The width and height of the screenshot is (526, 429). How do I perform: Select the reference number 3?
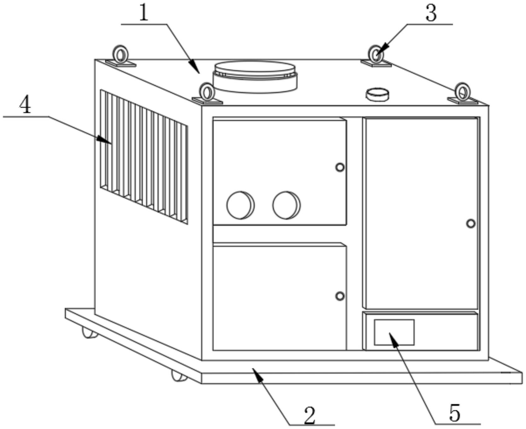(x=431, y=13)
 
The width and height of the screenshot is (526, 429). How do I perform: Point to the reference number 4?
(x=25, y=105)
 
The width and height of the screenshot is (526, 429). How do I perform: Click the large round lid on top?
(x=255, y=77)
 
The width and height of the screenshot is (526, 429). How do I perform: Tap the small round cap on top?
(x=377, y=94)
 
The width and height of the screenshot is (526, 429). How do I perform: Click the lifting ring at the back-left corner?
(x=121, y=55)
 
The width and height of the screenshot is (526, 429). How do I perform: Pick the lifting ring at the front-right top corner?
(x=462, y=92)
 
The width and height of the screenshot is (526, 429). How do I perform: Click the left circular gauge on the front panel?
(x=240, y=205)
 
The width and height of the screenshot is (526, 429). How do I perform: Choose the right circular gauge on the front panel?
(x=286, y=205)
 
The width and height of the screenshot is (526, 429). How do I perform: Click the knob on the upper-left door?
(x=340, y=167)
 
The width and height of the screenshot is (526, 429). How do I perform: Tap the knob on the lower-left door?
(x=340, y=296)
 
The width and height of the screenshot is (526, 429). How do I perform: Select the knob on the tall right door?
(x=471, y=224)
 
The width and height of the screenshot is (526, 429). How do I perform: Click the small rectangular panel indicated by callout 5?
(x=394, y=332)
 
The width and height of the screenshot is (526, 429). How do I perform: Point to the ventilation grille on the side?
(x=144, y=157)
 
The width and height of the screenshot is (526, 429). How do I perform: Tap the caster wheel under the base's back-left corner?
(x=90, y=333)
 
